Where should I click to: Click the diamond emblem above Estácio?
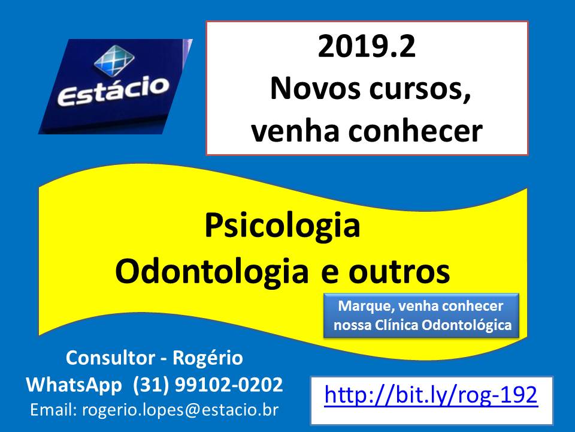tap(114, 60)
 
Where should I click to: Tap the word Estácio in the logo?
tap(113, 91)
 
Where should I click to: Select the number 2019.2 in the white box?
tap(367, 46)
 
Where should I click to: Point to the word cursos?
tap(420, 89)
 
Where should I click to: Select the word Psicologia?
tap(282, 226)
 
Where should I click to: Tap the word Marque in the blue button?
tap(365, 307)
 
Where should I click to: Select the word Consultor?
tap(110, 358)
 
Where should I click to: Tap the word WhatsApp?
tap(74, 385)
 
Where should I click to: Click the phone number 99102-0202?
tap(229, 385)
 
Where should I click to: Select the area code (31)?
tap(151, 385)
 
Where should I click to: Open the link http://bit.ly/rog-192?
tap(431, 395)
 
